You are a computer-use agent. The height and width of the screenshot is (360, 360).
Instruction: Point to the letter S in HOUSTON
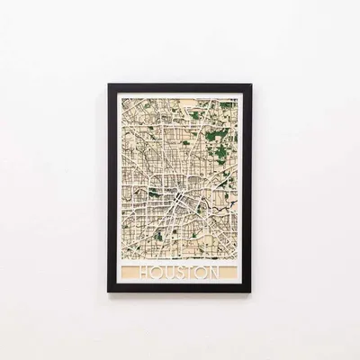pyautogui.click(x=177, y=272)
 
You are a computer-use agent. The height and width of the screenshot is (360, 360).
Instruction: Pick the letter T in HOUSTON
pyautogui.click(x=188, y=272)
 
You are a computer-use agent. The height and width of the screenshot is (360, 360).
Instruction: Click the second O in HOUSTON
pyautogui.click(x=199, y=272)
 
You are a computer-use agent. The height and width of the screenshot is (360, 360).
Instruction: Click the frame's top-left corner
pyautogui.click(x=109, y=85)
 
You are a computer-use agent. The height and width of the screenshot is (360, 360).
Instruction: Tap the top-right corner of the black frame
pyautogui.click(x=251, y=85)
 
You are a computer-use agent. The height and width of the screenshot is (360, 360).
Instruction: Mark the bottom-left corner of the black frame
pyautogui.click(x=109, y=292)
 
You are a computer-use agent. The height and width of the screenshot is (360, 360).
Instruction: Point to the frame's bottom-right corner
pyautogui.click(x=251, y=292)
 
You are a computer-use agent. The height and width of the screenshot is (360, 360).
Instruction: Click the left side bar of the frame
pyautogui.click(x=112, y=188)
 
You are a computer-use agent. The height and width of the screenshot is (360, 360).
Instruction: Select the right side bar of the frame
pyautogui.click(x=248, y=188)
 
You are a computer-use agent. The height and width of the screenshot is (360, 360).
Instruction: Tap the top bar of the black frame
pyautogui.click(x=180, y=87)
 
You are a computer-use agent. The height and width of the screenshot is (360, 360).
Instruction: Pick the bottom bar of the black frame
pyautogui.click(x=180, y=289)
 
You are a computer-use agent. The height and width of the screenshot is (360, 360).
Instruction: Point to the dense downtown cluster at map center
pyautogui.click(x=180, y=189)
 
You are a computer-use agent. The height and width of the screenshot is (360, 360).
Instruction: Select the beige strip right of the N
pyautogui.click(x=229, y=272)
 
